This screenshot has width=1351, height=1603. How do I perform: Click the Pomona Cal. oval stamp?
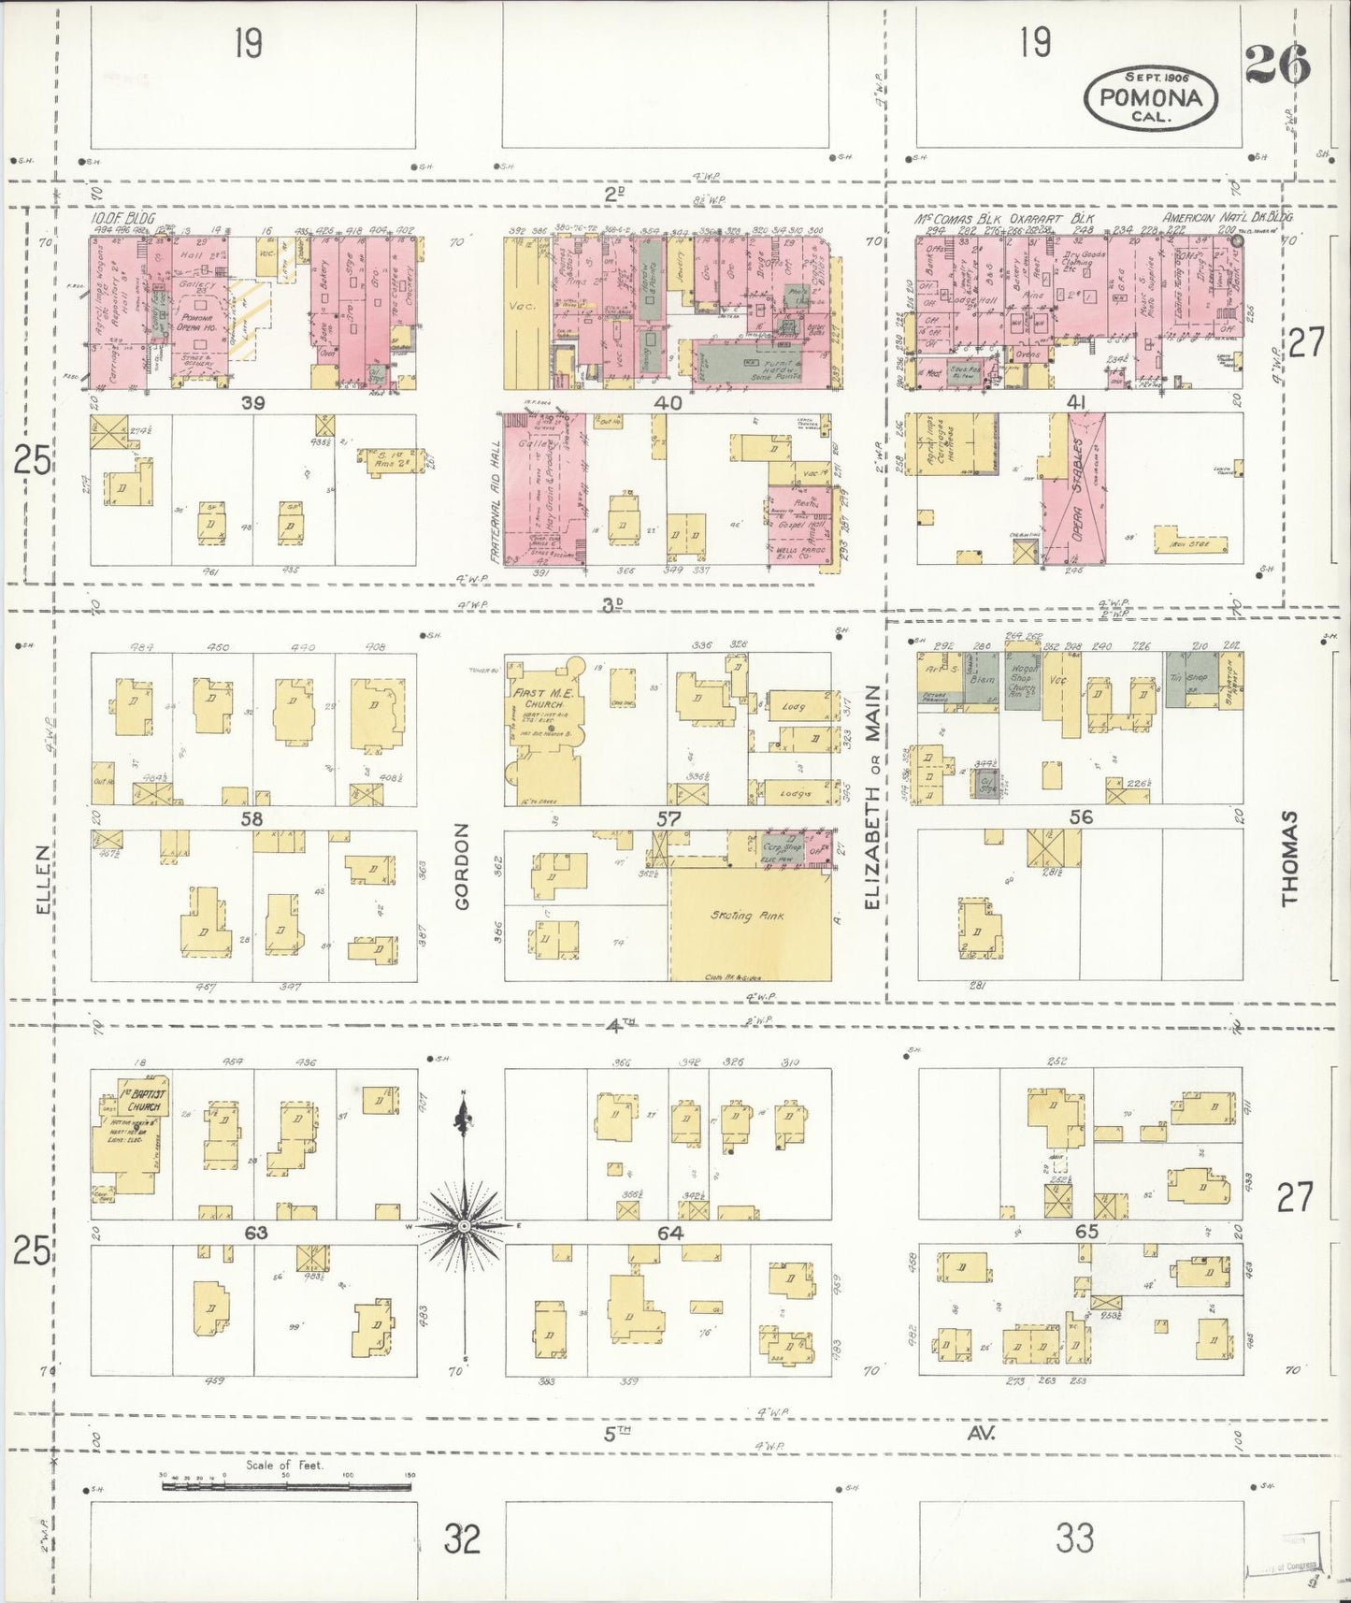click(1150, 97)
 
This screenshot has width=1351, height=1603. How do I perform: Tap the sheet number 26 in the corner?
click(1276, 64)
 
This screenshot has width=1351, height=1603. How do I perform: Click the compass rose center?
click(464, 1225)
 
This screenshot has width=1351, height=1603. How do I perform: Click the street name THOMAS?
click(1289, 858)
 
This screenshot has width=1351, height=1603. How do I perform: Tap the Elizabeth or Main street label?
click(871, 797)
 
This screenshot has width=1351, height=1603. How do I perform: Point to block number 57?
click(668, 818)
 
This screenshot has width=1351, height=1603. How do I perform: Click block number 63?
click(255, 1233)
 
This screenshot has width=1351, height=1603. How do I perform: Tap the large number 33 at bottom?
click(1075, 1537)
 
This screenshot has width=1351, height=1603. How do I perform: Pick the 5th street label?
click(616, 1432)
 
